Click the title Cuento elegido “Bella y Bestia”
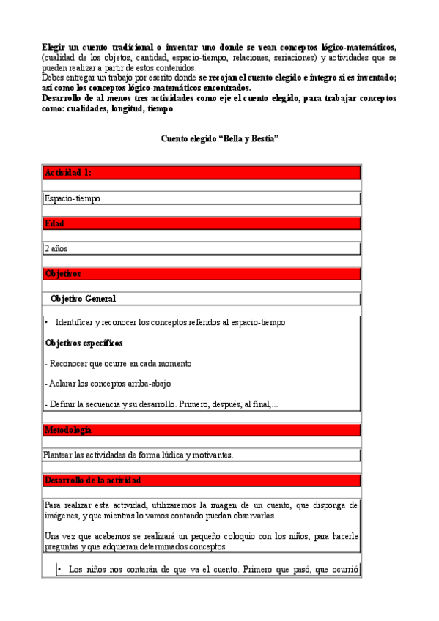coord(219,139)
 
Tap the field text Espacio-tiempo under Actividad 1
coord(72,198)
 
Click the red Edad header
coord(54,223)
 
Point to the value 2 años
coord(56,249)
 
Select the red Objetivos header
coord(62,274)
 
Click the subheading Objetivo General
coord(82,299)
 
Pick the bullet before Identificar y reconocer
coord(47,322)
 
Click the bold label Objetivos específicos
coord(84,343)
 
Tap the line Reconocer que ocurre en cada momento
coord(118,363)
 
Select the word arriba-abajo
coord(150,384)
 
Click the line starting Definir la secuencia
coord(161,404)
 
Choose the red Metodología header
coord(67,429)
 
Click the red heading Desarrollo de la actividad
coord(92,480)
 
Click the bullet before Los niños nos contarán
coord(59,569)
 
